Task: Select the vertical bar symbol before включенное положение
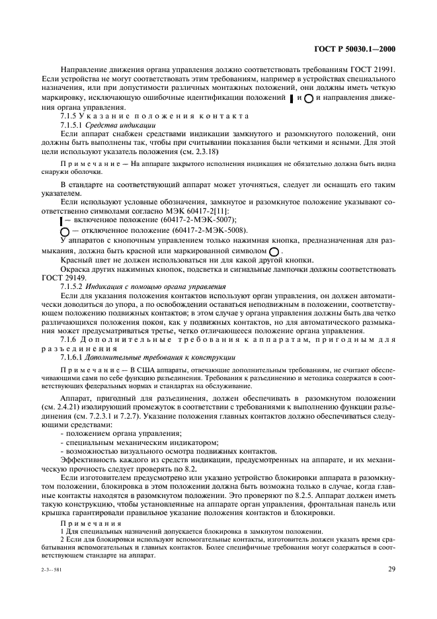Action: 61,220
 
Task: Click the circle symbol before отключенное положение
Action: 64,231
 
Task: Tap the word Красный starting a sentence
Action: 73,261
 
